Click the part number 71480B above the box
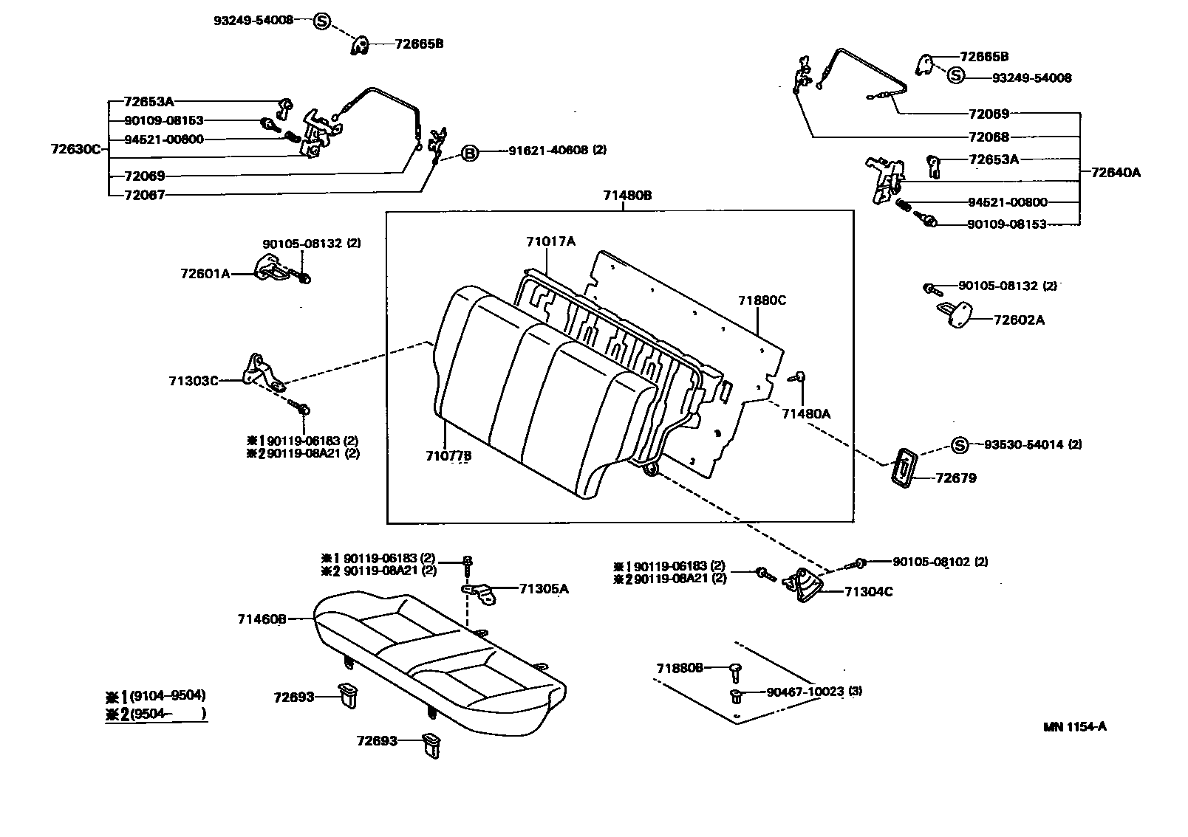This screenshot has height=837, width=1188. pos(627,196)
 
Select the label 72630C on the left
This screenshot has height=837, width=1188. pos(75,148)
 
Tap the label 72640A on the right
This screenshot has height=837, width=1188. pos(1116,173)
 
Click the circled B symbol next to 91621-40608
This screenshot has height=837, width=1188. pos(470,153)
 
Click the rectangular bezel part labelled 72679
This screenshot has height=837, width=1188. pos(902,467)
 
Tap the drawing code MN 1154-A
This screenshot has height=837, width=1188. pos(1074,726)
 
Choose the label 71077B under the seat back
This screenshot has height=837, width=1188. pos(448,456)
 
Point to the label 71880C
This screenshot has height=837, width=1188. pos(762,300)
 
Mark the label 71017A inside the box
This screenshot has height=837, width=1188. pos(550,241)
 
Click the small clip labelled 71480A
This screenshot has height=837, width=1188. pos(799,378)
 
